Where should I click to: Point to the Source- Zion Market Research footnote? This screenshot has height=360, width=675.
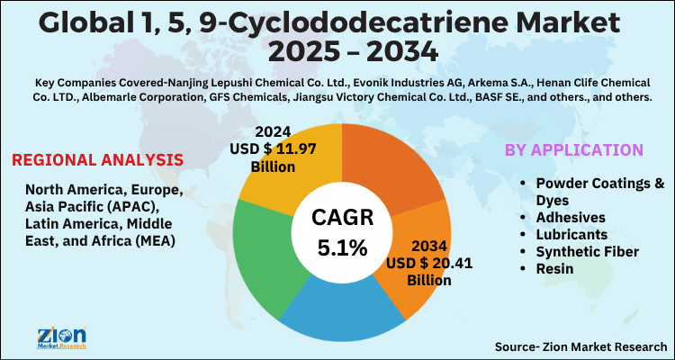[x=580, y=345]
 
